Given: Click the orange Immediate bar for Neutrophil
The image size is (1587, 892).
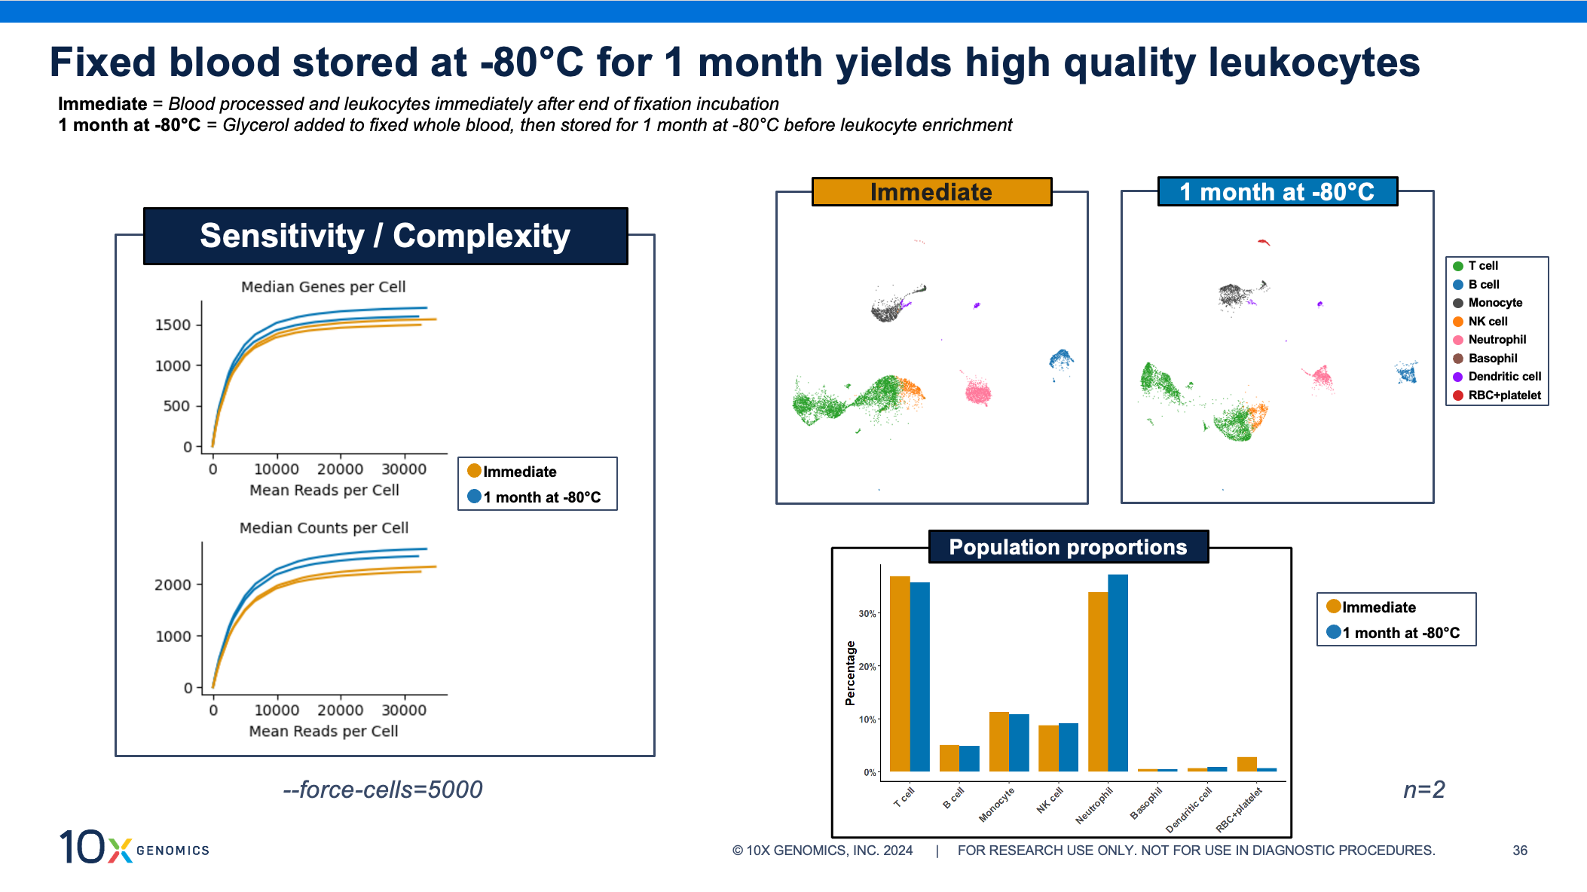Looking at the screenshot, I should pyautogui.click(x=1097, y=681).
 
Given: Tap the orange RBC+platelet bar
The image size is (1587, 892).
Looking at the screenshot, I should pyautogui.click(x=1246, y=764).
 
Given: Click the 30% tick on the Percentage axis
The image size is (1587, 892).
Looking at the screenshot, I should pyautogui.click(x=867, y=614).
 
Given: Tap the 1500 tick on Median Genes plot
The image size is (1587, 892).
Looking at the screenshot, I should pyautogui.click(x=173, y=325).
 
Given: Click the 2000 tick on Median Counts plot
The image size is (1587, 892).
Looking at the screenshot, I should pyautogui.click(x=173, y=585).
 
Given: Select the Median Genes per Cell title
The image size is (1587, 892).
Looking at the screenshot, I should pyautogui.click(x=323, y=287).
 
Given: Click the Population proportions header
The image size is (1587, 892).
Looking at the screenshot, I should pyautogui.click(x=1068, y=547).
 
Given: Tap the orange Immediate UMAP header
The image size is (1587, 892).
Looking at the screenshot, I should pyautogui.click(x=931, y=192).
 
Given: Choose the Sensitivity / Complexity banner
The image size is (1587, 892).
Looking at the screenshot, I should pyautogui.click(x=385, y=236).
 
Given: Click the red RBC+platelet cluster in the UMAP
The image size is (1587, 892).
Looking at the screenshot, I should pyautogui.click(x=1264, y=242).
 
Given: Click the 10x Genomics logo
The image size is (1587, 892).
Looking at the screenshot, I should pyautogui.click(x=134, y=847).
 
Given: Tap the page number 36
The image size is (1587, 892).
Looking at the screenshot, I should pyautogui.click(x=1520, y=851).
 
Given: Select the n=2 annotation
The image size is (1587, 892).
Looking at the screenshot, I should pyautogui.click(x=1423, y=790).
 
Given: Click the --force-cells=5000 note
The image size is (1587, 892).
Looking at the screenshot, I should pyautogui.click(x=383, y=790).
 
